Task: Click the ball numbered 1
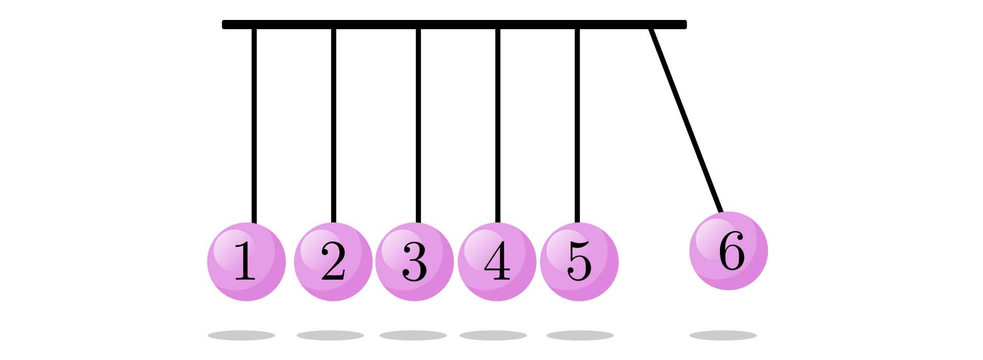tap(246, 262)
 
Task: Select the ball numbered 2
tap(333, 262)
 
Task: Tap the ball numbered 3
tap(415, 262)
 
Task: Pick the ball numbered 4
tap(497, 262)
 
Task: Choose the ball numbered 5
tap(579, 262)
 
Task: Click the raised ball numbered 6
tap(729, 251)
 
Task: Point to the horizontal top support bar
tap(454, 25)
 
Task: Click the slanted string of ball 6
tap(686, 120)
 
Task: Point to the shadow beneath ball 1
tap(241, 335)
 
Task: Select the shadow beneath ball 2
tap(330, 335)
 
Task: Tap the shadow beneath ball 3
tap(413, 335)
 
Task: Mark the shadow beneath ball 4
tap(493, 335)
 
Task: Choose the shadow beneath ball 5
tap(580, 335)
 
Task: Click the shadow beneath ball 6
tap(723, 335)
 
